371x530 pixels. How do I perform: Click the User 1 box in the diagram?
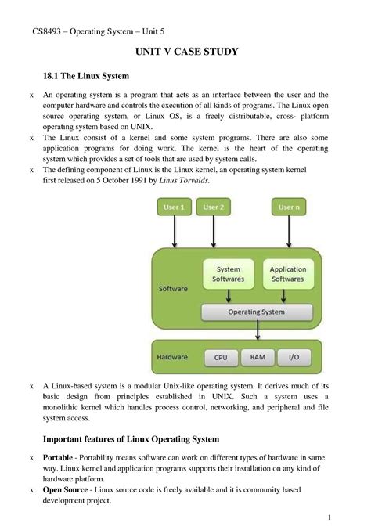174,207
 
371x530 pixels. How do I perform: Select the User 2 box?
212,207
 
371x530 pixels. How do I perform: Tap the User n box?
289,207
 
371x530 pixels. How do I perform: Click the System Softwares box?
229,274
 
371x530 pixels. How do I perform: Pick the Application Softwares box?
287,274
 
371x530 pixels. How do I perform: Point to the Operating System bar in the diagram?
256,312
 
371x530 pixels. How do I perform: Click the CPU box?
221,357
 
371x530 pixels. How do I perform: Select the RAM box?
258,357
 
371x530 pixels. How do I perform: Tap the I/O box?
294,357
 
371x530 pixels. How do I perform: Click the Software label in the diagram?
174,288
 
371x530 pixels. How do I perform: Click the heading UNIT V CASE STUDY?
185,52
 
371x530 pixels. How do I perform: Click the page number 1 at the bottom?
331,517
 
